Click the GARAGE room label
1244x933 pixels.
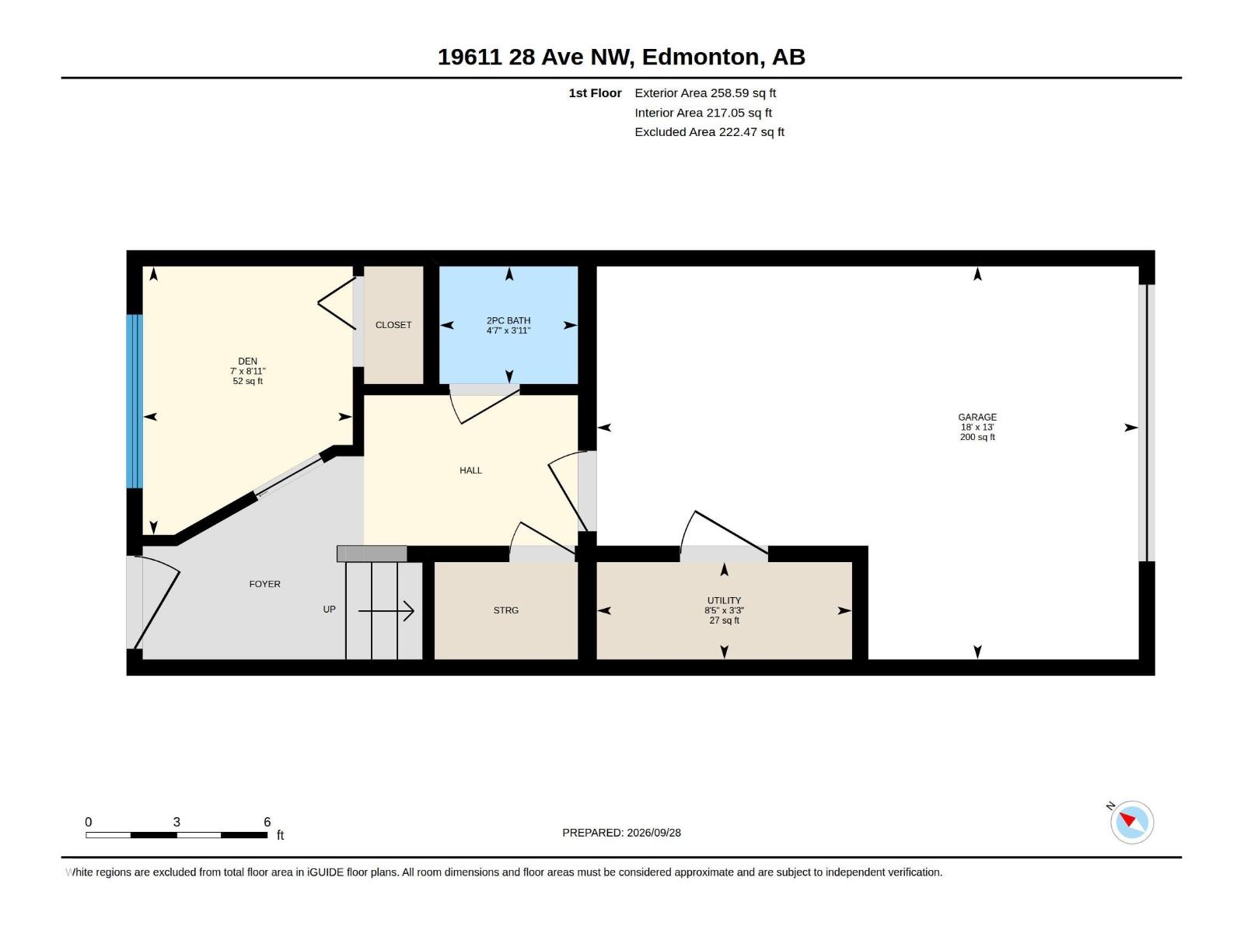click(977, 417)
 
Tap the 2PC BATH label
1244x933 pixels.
click(508, 320)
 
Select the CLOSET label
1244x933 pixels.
click(393, 325)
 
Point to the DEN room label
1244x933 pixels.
click(248, 362)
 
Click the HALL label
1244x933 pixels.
click(470, 470)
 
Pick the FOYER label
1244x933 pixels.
click(264, 584)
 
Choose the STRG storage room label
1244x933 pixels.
click(505, 610)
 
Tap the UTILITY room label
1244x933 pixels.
click(724, 600)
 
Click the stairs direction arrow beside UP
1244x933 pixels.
click(386, 611)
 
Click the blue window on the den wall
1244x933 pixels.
click(135, 401)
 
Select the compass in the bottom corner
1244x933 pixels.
click(1132, 822)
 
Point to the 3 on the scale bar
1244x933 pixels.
click(176, 821)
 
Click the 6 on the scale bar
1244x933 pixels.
click(267, 821)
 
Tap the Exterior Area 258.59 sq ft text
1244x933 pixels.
click(705, 93)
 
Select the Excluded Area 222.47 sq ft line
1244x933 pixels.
click(709, 132)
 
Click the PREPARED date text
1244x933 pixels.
click(621, 833)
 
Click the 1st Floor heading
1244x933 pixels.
click(595, 93)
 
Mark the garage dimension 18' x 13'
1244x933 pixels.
click(977, 427)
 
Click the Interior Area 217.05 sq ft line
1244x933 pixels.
click(703, 113)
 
